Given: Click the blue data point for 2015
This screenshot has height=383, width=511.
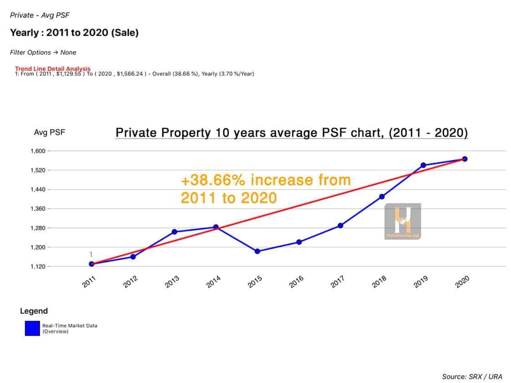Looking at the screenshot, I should point(257,251).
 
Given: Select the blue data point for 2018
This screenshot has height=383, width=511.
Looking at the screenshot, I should point(382,197).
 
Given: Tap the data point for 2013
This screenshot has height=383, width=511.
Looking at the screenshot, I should point(174,232).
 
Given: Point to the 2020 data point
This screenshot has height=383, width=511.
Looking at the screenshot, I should point(465,159).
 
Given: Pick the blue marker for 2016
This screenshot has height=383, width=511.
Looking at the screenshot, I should point(299,242).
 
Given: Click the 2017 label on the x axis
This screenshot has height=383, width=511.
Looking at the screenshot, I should point(337,283).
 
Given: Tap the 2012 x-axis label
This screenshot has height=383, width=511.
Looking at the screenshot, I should point(130,283).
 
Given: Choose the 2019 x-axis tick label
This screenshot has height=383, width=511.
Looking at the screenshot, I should point(420,283).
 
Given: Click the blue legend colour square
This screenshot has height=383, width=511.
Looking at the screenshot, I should point(32,328).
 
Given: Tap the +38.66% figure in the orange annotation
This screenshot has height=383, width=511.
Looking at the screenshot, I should point(214,180).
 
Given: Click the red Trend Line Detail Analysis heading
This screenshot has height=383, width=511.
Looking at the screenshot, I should point(53,69).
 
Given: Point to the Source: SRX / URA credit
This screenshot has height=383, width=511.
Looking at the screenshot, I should point(472,377).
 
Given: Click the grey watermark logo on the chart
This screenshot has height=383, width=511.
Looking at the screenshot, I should point(402,221).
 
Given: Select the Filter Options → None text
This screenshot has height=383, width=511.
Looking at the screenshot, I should point(43,52).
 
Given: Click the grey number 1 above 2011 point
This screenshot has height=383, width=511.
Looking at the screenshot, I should point(91,254).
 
